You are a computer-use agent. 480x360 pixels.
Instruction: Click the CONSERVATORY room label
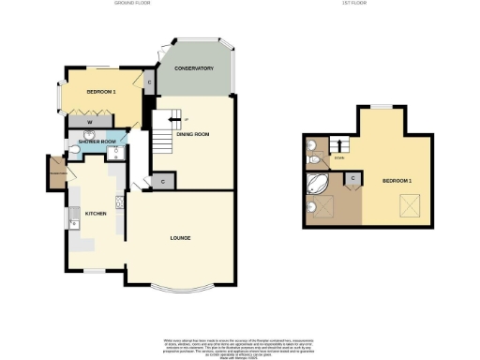[x=194, y=68]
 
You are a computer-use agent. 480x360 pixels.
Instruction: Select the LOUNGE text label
[x=182, y=238]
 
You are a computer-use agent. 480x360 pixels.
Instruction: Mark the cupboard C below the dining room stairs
[x=163, y=181]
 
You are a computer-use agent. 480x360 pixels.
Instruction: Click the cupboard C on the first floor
[x=352, y=176]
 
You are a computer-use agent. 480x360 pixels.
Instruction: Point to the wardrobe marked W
[x=88, y=122]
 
